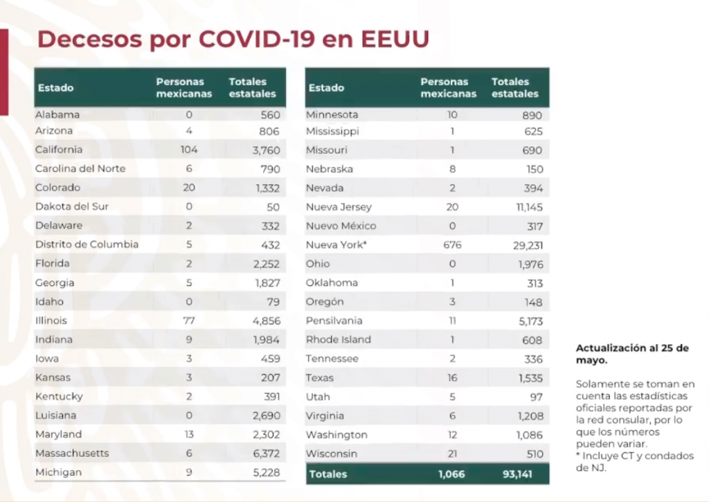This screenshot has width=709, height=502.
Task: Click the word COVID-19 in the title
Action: [256, 39]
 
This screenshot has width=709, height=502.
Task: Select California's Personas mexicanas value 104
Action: [189, 150]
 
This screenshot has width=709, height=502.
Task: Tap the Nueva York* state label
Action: [336, 244]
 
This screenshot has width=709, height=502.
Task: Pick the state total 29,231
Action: [528, 246]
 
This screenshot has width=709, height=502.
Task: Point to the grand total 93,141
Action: [517, 474]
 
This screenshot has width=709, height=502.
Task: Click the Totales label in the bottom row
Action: [327, 474]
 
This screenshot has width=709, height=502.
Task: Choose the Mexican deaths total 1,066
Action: [451, 474]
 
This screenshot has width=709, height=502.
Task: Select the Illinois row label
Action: [51, 321]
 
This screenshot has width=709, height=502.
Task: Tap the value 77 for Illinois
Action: [189, 321]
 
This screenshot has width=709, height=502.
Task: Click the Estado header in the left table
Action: [55, 88]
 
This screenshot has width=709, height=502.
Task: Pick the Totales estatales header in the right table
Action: [515, 88]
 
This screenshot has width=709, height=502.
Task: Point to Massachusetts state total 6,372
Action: [267, 453]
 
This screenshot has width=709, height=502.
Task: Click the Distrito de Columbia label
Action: [87, 244]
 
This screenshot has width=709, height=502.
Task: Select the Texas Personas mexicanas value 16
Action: [452, 377]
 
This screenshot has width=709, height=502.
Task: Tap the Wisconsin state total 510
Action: [535, 454]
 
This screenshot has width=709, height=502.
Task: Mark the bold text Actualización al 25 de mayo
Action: [632, 354]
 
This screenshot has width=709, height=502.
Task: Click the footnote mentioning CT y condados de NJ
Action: [635, 462]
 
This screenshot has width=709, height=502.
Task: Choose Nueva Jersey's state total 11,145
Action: [530, 208]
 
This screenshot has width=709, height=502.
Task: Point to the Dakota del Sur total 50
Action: [273, 207]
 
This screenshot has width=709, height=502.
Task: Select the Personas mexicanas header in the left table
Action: [184, 88]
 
